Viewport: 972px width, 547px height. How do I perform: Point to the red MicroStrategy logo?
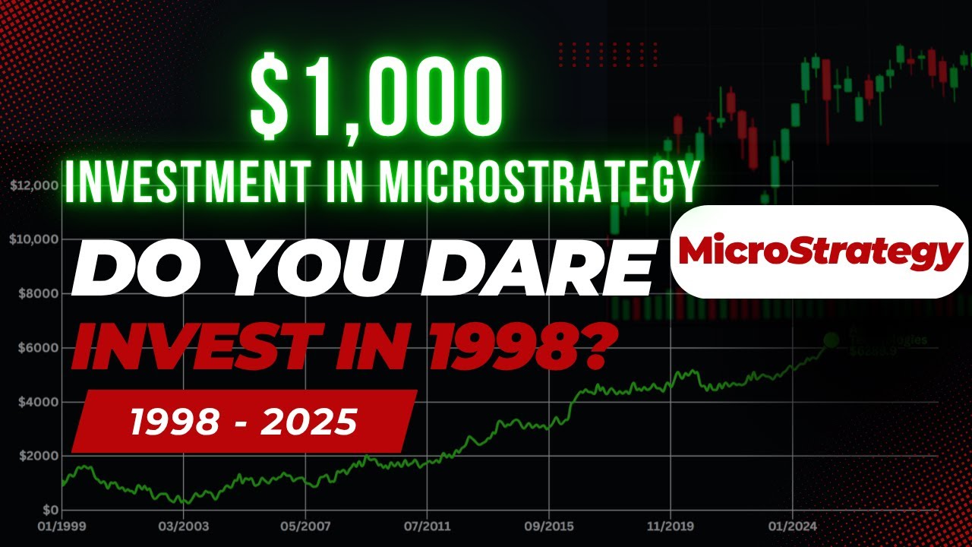point(819,251)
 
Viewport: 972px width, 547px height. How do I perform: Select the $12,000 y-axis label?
point(35,185)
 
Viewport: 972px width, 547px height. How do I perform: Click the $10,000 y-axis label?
point(35,239)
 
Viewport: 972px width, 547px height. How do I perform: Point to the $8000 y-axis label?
point(38,293)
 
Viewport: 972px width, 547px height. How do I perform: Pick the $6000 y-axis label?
point(38,348)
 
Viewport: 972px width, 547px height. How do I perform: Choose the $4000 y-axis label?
point(38,402)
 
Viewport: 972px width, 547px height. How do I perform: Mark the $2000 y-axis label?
point(38,456)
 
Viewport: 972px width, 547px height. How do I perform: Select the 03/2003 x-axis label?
point(181,525)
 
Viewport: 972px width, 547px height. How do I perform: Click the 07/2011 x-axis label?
point(426,525)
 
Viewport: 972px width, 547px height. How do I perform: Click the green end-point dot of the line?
point(832,340)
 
